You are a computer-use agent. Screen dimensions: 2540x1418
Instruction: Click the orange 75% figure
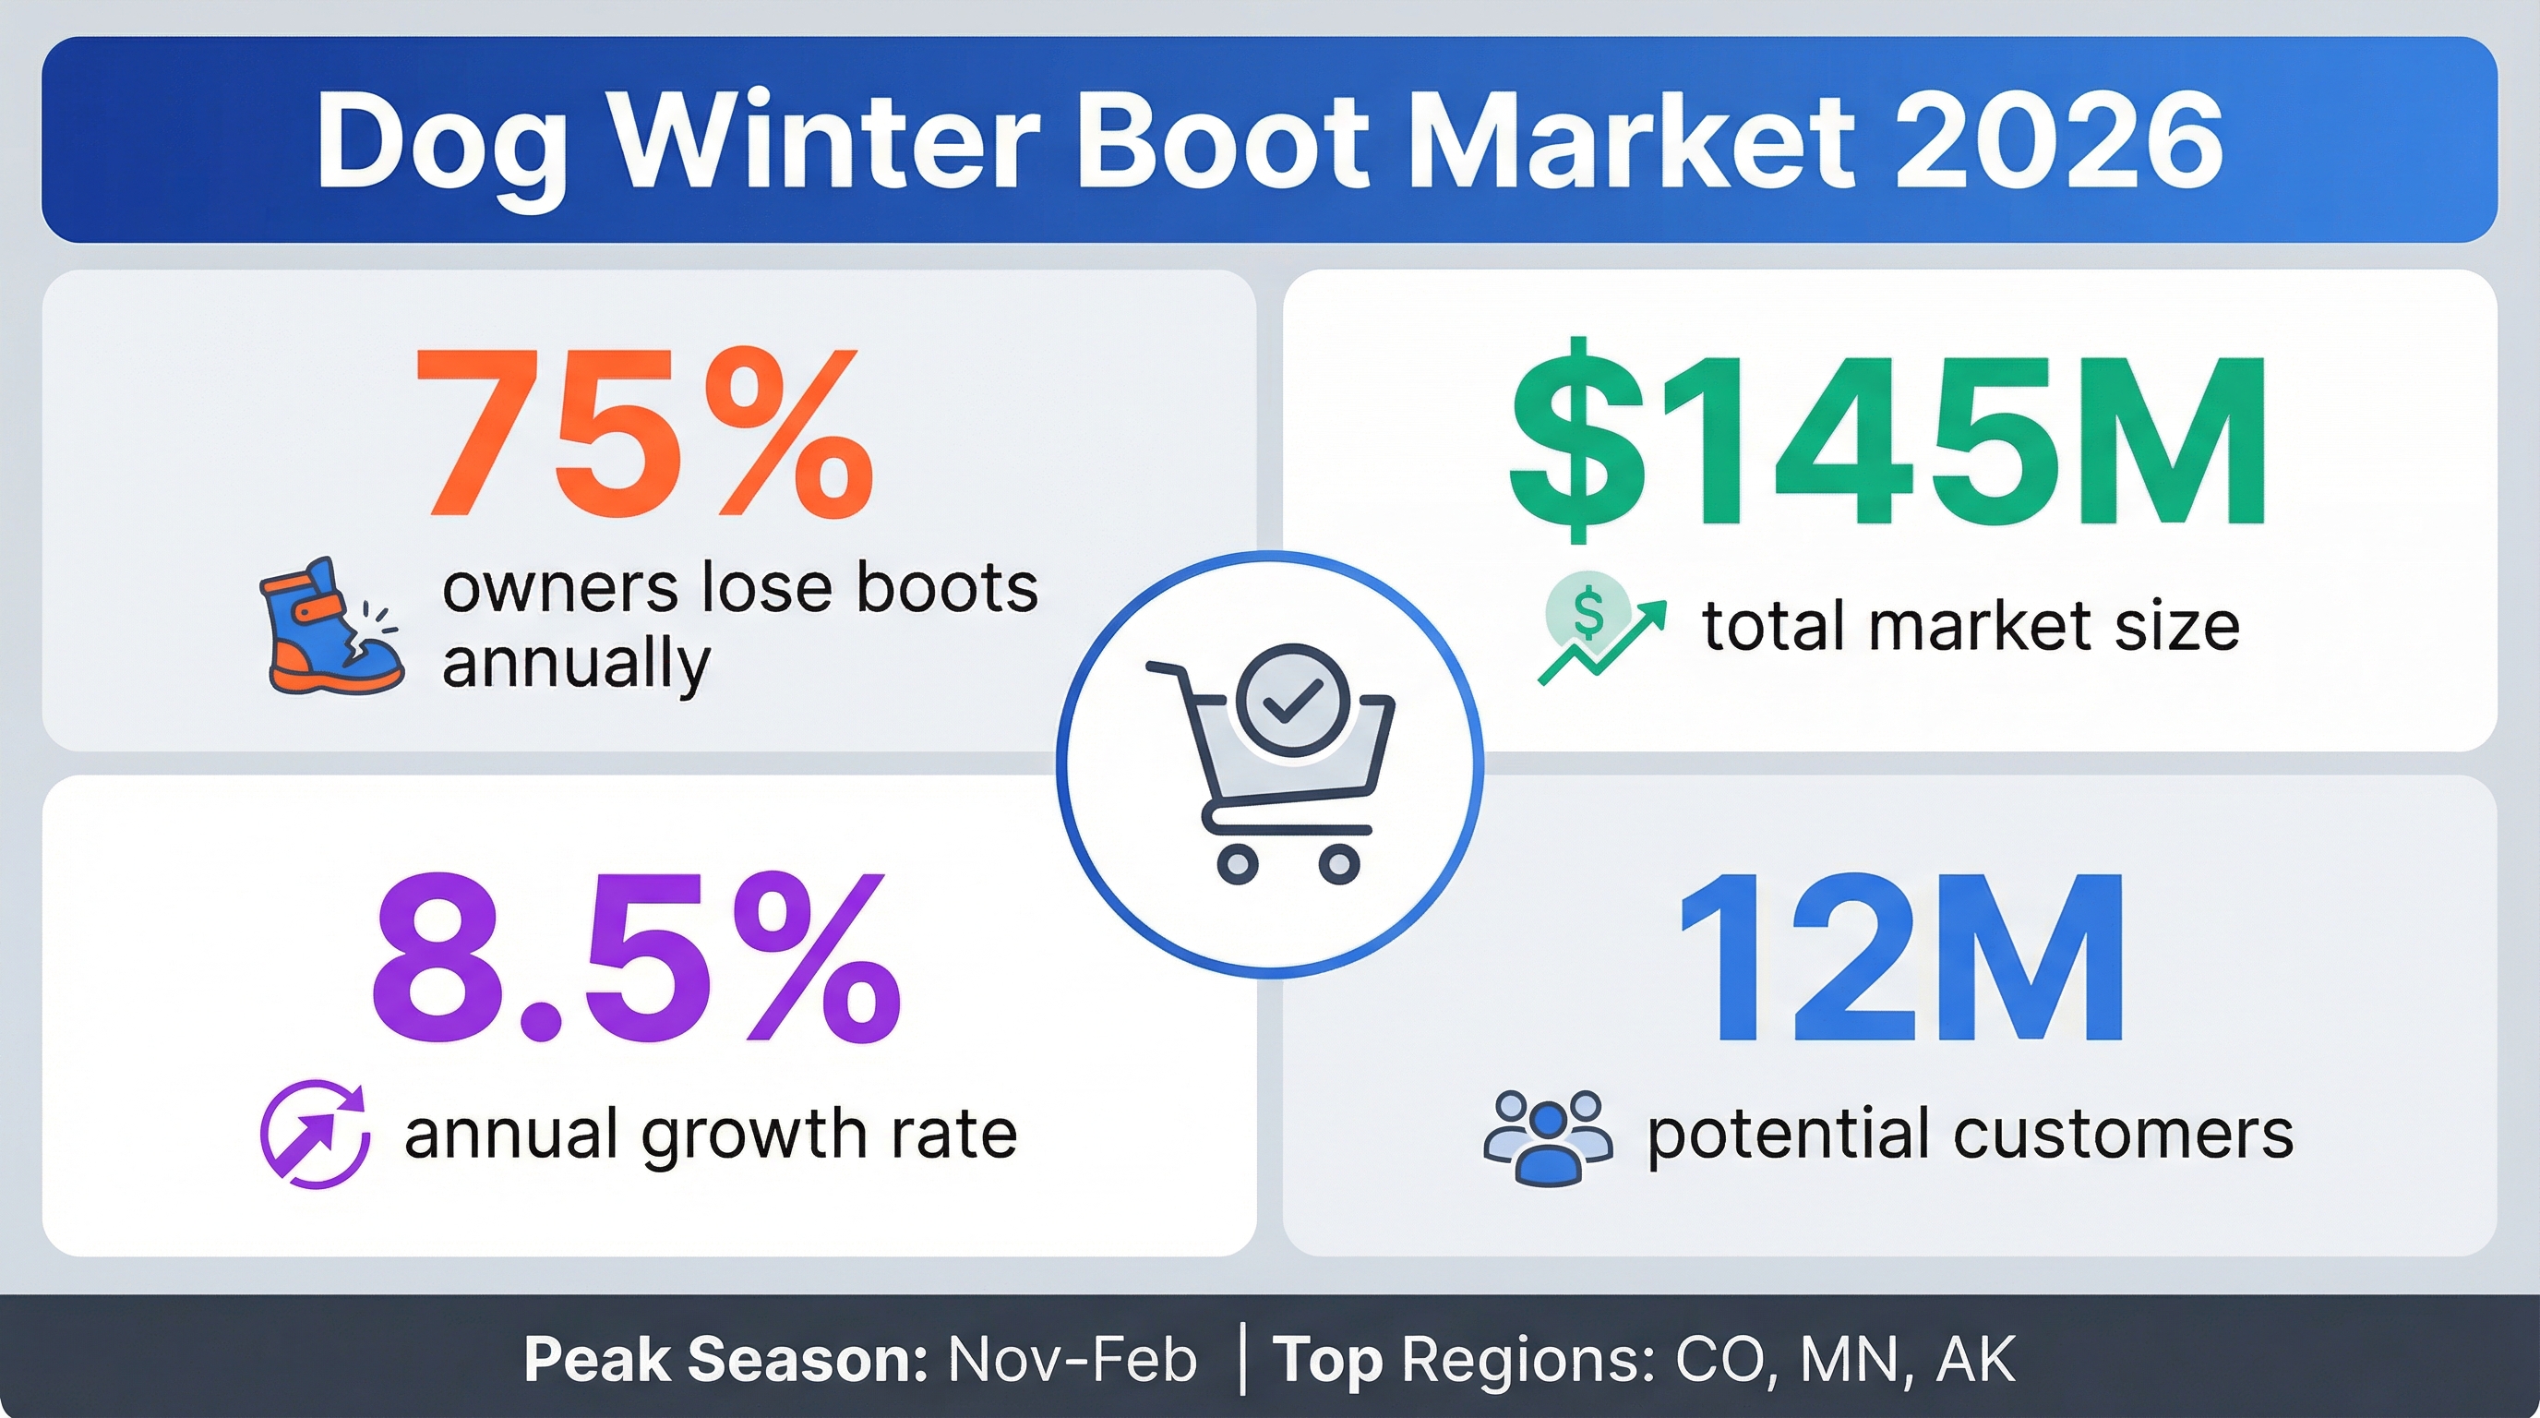pyautogui.click(x=644, y=432)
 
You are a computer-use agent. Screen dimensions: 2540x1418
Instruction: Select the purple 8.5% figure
pyautogui.click(x=637, y=956)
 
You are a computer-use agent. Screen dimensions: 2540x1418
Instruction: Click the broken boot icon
pyautogui.click(x=332, y=626)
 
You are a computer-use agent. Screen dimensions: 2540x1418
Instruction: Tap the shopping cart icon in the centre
pyautogui.click(x=1270, y=764)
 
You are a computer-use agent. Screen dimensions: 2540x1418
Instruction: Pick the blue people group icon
pyautogui.click(x=1549, y=1136)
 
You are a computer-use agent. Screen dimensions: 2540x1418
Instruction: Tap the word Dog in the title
pyautogui.click(x=442, y=148)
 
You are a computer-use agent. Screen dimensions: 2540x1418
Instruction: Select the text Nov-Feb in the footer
pyautogui.click(x=1072, y=1360)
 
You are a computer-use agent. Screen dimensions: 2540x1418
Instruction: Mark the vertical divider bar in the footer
pyautogui.click(x=1241, y=1360)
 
